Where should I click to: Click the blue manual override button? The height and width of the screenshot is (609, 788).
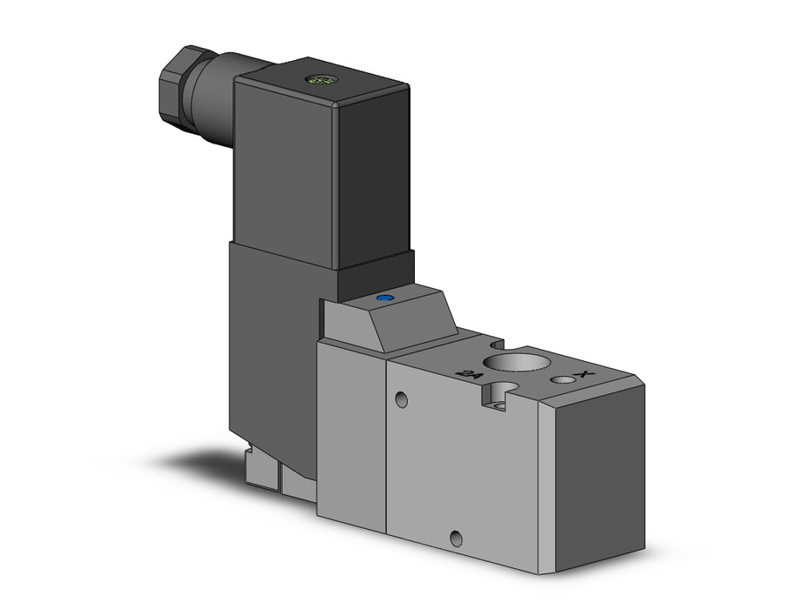click(383, 299)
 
